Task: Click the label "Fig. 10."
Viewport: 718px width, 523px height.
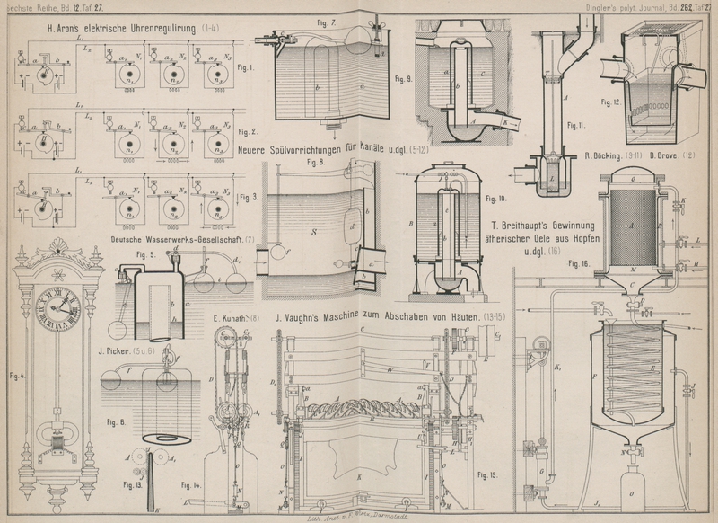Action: click(495, 197)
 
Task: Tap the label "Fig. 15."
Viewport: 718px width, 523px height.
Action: click(488, 474)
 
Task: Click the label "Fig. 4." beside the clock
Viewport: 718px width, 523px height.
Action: click(17, 374)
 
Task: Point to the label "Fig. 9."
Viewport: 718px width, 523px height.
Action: click(401, 79)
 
